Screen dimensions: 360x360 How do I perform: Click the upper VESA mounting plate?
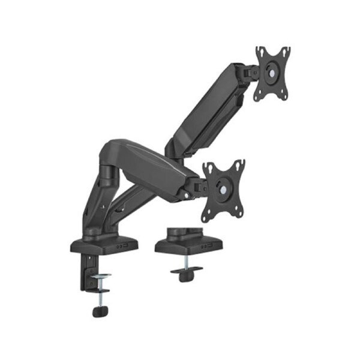(272, 73)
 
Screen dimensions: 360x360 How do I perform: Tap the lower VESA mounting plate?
(223, 189)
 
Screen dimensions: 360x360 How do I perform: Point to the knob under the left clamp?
(98, 311)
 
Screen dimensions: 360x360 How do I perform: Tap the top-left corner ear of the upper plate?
(259, 50)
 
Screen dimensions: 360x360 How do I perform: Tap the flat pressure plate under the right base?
(187, 271)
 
